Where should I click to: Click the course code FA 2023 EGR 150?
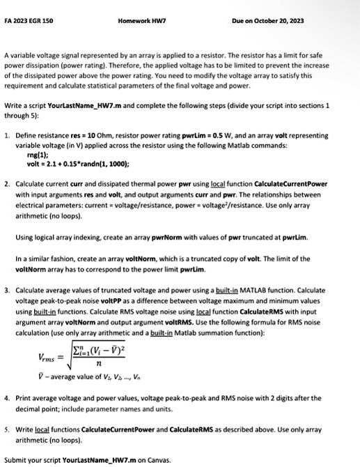click(x=29, y=21)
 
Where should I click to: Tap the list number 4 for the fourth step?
click(x=6, y=398)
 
